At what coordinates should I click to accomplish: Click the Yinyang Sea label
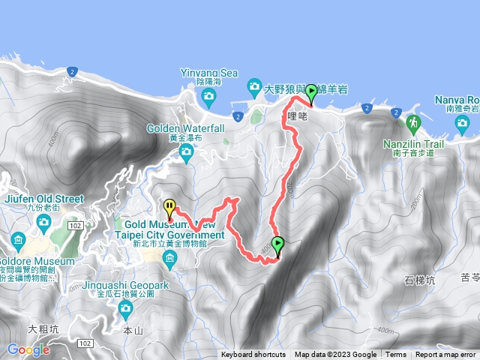point(208,73)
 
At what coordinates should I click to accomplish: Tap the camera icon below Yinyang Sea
point(208,96)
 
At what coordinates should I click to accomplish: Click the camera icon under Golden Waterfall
point(187,153)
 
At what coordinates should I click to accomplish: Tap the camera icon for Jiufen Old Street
point(43,221)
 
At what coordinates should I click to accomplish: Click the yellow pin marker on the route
point(169,207)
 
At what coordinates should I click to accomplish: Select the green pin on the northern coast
point(310,93)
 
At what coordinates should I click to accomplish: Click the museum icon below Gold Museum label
point(169,259)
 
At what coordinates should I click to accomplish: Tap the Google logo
point(28,349)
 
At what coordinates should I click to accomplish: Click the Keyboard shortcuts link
point(253,355)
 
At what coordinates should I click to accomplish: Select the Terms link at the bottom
point(396,355)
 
